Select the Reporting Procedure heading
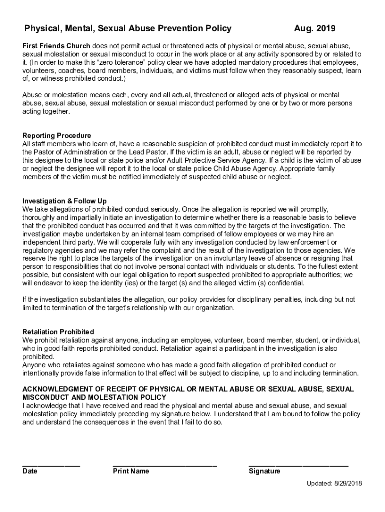57,136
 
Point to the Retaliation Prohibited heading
58,332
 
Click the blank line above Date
51,465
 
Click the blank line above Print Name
165,465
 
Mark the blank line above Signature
298,465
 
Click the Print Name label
131,471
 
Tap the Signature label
264,471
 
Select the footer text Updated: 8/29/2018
335,484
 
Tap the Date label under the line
30,471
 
